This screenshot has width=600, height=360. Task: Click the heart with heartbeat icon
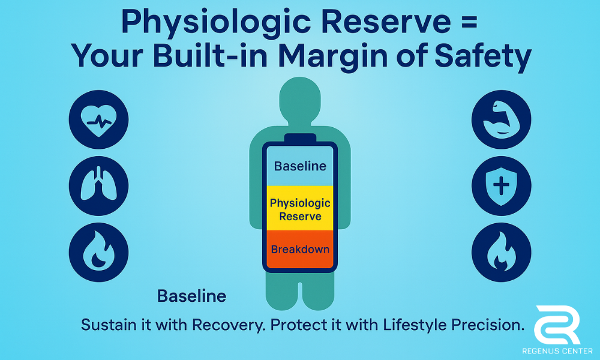[x=99, y=119]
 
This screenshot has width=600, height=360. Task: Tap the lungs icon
[x=99, y=185]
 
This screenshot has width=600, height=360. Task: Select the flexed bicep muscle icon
[x=501, y=119]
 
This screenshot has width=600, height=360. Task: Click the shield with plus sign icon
[x=501, y=185]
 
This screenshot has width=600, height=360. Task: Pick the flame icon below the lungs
[x=99, y=252]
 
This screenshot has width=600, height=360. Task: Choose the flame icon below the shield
[x=501, y=252]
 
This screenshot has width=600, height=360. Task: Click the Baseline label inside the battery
[x=300, y=166]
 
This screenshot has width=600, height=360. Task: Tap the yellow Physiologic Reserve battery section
[x=300, y=208]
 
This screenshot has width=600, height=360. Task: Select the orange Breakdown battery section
[x=300, y=249]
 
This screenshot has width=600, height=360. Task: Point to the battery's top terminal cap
[x=300, y=138]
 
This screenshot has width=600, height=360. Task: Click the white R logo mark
[x=557, y=325]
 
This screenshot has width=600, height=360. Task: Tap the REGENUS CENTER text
[x=557, y=351]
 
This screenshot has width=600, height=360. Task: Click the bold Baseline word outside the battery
[x=192, y=296]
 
